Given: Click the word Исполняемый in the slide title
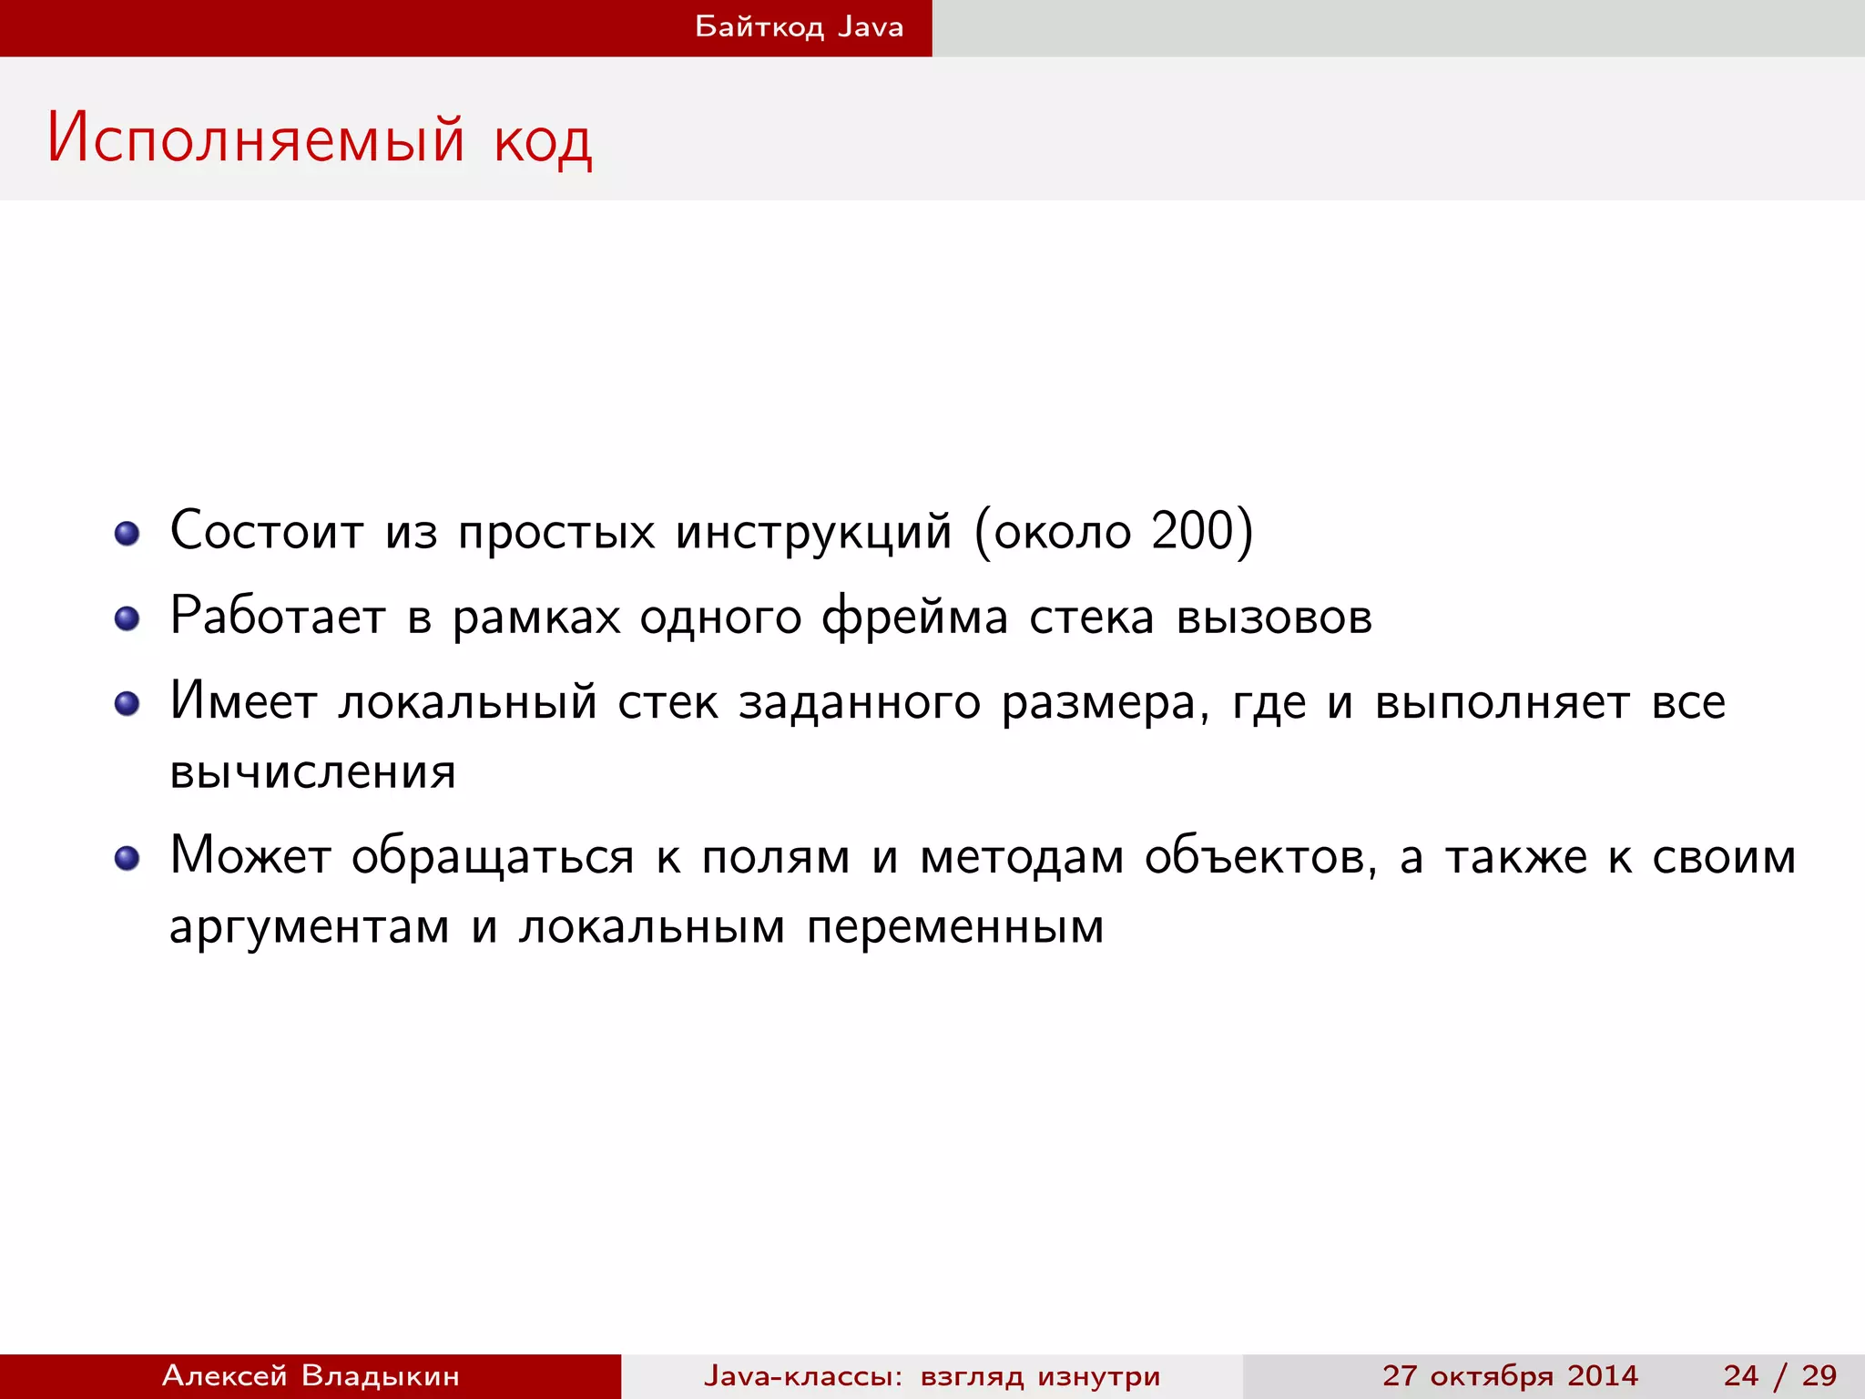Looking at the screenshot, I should (256, 139).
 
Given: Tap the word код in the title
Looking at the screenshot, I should (544, 141).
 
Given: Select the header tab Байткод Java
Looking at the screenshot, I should (799, 27).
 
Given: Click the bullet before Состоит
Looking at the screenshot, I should (127, 533).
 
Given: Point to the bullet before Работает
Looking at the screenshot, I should (127, 618).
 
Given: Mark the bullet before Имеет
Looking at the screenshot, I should (127, 704).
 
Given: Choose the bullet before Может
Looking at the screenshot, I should (127, 858).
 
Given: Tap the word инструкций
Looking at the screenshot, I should (813, 532).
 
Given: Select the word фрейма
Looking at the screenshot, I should (915, 618).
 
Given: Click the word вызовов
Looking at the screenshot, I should (1274, 618).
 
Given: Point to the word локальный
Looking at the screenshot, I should (467, 703).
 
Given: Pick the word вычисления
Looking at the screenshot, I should (312, 772).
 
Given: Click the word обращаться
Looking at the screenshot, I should (493, 857).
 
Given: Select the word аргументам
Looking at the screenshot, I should (310, 928).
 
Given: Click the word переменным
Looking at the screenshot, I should (955, 928).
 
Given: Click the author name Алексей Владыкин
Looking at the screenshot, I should (311, 1375).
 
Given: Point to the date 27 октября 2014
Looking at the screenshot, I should (1510, 1375).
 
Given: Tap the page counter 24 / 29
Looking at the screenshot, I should (1779, 1375).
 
